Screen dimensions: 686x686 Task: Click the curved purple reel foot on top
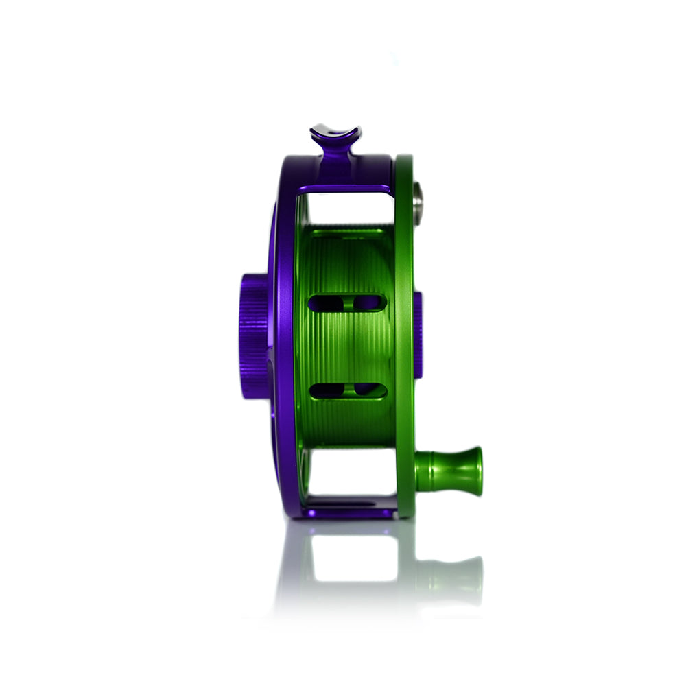coord(335,132)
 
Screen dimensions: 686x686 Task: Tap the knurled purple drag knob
coord(254,336)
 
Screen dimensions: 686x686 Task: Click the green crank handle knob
coord(449,471)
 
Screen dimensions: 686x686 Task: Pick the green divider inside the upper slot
coord(348,303)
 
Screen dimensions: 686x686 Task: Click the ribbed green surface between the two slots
coord(346,346)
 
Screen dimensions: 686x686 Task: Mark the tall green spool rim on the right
coord(403,343)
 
